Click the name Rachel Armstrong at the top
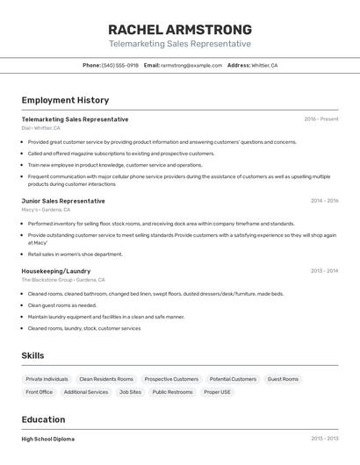pyautogui.click(x=180, y=29)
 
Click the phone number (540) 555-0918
pyautogui.click(x=120, y=65)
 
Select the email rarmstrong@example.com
pyautogui.click(x=191, y=65)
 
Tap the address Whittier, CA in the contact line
pyautogui.click(x=264, y=65)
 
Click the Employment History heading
pyautogui.click(x=65, y=101)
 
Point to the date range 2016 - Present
pyautogui.click(x=321, y=119)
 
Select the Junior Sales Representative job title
pyautogui.click(x=63, y=201)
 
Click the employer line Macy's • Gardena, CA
pyautogui.click(x=46, y=210)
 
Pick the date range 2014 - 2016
pyautogui.click(x=324, y=201)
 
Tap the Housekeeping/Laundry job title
pyautogui.click(x=56, y=271)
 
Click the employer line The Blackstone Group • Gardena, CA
pyautogui.click(x=63, y=280)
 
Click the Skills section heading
pyautogui.click(x=33, y=355)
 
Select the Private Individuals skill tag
pyautogui.click(x=47, y=379)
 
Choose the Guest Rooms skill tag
pyautogui.click(x=283, y=379)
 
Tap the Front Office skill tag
pyautogui.click(x=40, y=392)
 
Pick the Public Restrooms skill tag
pyautogui.click(x=172, y=392)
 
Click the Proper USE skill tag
pyautogui.click(x=218, y=392)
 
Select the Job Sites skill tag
pyautogui.click(x=130, y=392)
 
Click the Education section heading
pyautogui.click(x=43, y=419)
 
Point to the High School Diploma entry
pyautogui.click(x=48, y=439)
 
